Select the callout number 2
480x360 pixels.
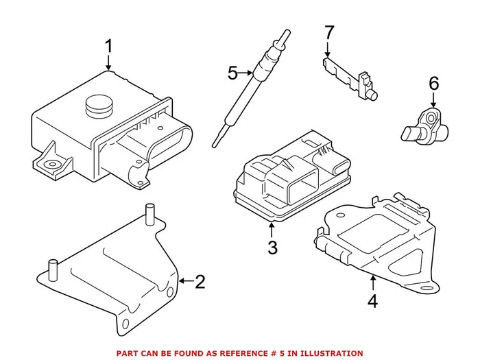[200, 281]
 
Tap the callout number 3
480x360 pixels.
[272, 248]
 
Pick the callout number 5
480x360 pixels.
[232, 72]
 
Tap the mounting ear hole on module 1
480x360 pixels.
[50, 165]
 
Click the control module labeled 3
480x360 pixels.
[288, 178]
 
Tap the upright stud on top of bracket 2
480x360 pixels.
[149, 212]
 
